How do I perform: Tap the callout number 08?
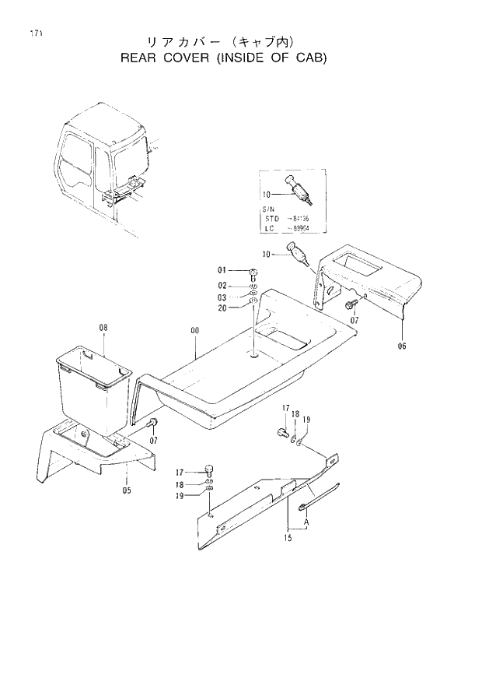click(x=103, y=328)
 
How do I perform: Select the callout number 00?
click(x=194, y=330)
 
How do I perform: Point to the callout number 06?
click(x=402, y=346)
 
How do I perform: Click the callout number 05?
click(x=127, y=490)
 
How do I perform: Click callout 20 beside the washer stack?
click(x=222, y=308)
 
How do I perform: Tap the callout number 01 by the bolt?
click(x=222, y=270)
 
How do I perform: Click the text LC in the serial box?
click(x=271, y=229)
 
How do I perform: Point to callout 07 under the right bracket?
click(x=354, y=320)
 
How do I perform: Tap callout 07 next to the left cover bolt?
click(x=152, y=441)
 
